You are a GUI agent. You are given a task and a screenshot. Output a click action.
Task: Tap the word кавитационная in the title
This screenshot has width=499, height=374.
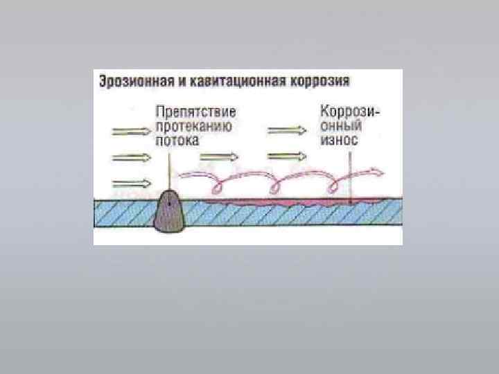[x=228, y=81]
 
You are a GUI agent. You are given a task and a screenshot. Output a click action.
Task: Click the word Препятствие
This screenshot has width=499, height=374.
[x=195, y=112]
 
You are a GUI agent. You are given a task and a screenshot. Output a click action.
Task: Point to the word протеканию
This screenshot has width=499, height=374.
[x=193, y=125]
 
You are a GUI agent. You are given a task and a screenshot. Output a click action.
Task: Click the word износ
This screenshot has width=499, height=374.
[x=339, y=139]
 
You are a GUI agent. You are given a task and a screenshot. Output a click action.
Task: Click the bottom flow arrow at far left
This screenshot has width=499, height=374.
[x=130, y=183]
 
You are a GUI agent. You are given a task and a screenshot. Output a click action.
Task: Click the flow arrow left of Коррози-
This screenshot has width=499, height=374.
[x=285, y=130]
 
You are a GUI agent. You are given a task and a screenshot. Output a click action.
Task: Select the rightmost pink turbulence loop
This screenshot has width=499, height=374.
[x=335, y=182]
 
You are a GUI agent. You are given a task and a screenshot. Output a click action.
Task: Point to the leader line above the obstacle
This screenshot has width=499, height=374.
[x=169, y=166]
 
